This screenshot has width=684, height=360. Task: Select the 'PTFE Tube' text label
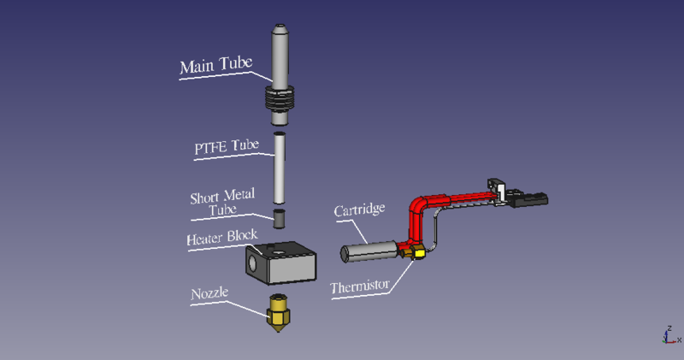(225, 146)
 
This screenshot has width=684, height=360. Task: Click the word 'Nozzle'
(209, 293)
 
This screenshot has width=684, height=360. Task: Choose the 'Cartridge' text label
(360, 210)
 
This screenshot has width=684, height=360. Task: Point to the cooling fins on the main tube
(280, 97)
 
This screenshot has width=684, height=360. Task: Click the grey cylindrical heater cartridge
(369, 251)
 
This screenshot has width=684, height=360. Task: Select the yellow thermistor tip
(418, 253)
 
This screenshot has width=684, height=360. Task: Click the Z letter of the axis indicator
(667, 328)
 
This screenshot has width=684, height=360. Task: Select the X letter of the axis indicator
(678, 339)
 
